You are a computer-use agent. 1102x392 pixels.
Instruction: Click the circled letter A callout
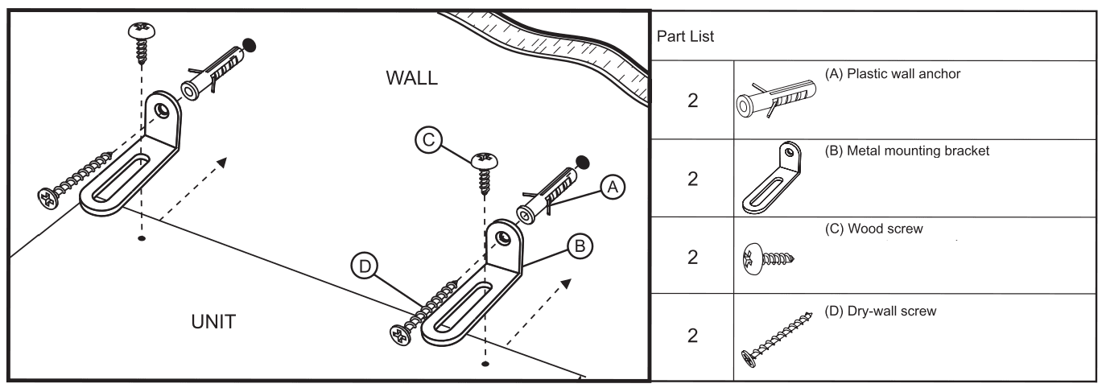click(x=613, y=188)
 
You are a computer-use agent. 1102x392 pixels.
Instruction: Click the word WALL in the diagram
click(x=411, y=79)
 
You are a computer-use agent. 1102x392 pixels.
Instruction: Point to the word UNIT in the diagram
click(x=208, y=322)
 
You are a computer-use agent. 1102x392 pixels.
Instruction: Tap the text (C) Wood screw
click(x=873, y=229)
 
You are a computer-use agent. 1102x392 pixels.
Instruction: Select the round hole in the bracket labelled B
click(x=503, y=237)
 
